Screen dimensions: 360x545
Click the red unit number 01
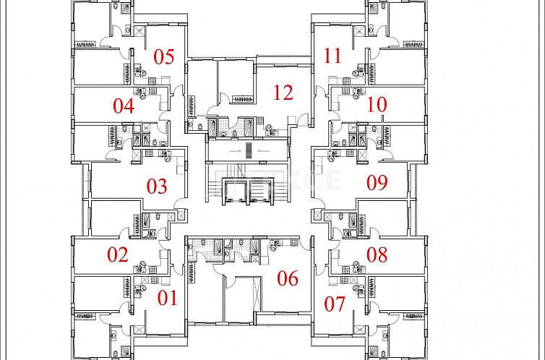pyautogui.click(x=167, y=297)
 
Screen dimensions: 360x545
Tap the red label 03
pyautogui.click(x=157, y=186)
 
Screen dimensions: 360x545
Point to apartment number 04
pyautogui.click(x=124, y=106)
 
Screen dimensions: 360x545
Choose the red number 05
pyautogui.click(x=164, y=56)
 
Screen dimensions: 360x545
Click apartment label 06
pyautogui.click(x=288, y=278)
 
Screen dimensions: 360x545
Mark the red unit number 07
pyautogui.click(x=335, y=304)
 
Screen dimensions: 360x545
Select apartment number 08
pyautogui.click(x=377, y=254)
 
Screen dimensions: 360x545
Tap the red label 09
pyautogui.click(x=377, y=182)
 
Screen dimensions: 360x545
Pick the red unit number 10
pyautogui.click(x=377, y=104)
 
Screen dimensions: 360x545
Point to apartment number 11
pyautogui.click(x=332, y=56)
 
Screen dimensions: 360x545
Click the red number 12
pyautogui.click(x=283, y=92)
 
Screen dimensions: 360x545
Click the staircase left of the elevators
pyautogui.click(x=215, y=189)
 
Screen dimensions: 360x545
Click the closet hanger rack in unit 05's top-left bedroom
pyautogui.click(x=86, y=44)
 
